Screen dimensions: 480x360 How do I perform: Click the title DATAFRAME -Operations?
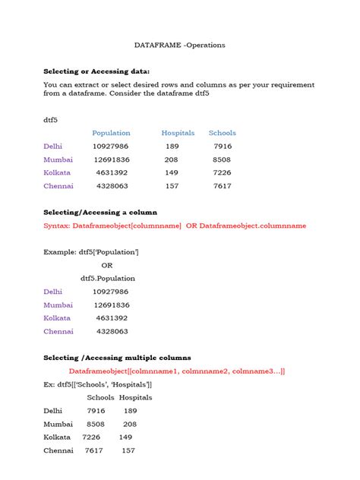[x=179, y=45]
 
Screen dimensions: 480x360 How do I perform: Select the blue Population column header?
[x=111, y=133]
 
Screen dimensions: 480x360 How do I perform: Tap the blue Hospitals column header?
[x=178, y=133]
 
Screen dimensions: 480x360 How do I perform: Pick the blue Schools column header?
[x=222, y=133]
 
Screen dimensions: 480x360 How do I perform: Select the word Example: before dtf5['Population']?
[x=59, y=251]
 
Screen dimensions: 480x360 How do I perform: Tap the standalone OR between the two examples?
[x=107, y=265]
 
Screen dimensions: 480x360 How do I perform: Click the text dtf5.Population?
[x=107, y=278]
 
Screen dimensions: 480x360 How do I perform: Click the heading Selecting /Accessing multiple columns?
[x=117, y=358]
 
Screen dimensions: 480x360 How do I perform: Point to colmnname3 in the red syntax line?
[x=256, y=371]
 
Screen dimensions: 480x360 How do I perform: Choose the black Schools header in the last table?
[x=100, y=397]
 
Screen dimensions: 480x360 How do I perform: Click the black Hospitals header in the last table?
[x=135, y=397]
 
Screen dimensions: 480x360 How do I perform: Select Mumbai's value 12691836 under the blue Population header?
[x=112, y=159]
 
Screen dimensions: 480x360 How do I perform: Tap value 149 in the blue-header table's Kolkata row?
[x=171, y=172]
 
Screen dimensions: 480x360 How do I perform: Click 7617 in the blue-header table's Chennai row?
[x=222, y=185]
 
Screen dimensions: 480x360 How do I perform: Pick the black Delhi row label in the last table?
[x=54, y=410]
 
